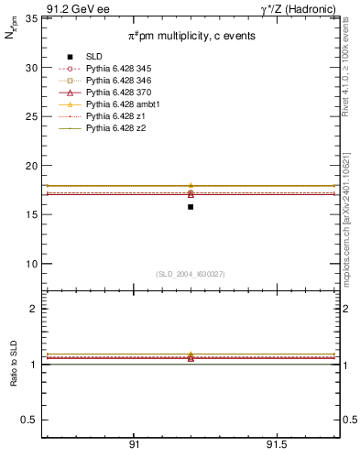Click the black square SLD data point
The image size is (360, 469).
pos(191,207)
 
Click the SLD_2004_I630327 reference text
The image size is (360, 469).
pos(191,274)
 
